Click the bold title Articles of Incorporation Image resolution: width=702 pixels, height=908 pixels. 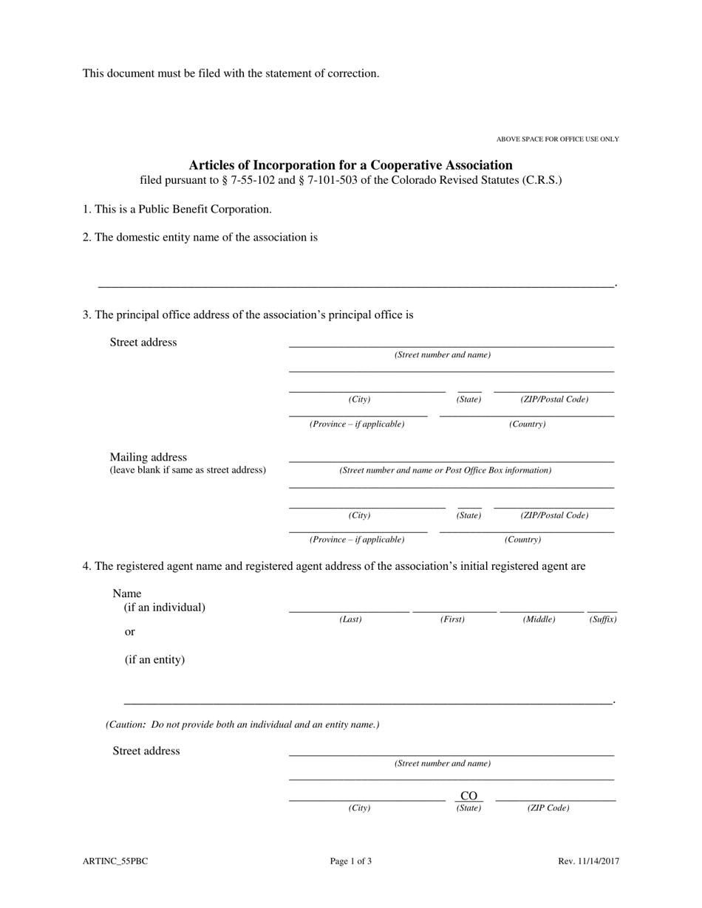350,165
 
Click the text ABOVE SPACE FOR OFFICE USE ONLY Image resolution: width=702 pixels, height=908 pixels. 557,140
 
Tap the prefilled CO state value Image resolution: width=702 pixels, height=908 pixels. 468,796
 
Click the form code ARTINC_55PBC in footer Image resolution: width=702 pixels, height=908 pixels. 115,861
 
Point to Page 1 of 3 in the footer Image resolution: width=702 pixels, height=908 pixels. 351,861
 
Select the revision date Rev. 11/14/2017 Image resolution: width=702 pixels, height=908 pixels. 588,861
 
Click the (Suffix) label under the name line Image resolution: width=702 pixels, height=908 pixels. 602,619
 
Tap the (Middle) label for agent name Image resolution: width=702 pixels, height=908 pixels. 539,619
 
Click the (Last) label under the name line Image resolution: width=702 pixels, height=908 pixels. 350,619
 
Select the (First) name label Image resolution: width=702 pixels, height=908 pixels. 452,619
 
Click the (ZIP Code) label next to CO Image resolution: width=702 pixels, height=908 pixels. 548,808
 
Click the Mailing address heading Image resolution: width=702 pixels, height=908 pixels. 149,457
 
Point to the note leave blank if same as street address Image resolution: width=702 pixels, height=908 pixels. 188,470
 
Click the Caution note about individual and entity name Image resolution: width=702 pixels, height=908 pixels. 242,725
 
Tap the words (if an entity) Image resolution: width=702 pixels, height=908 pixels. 154,659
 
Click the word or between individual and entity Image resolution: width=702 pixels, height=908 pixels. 130,632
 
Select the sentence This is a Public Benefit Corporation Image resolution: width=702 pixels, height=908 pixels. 177,209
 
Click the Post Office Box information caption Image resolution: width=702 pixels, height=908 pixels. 445,470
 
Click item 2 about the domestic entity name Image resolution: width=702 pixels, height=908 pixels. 200,237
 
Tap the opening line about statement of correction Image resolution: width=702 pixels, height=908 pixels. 231,73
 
